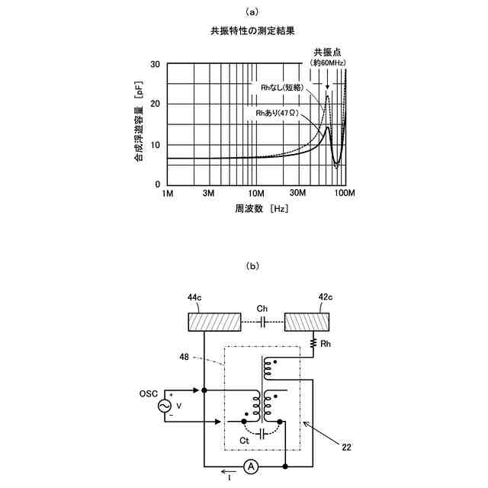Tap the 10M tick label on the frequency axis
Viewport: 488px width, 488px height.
[256, 194]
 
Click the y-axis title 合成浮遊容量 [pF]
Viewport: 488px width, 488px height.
[139, 124]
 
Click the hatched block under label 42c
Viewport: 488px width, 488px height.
[307, 322]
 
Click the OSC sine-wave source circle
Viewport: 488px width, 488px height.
[165, 406]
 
